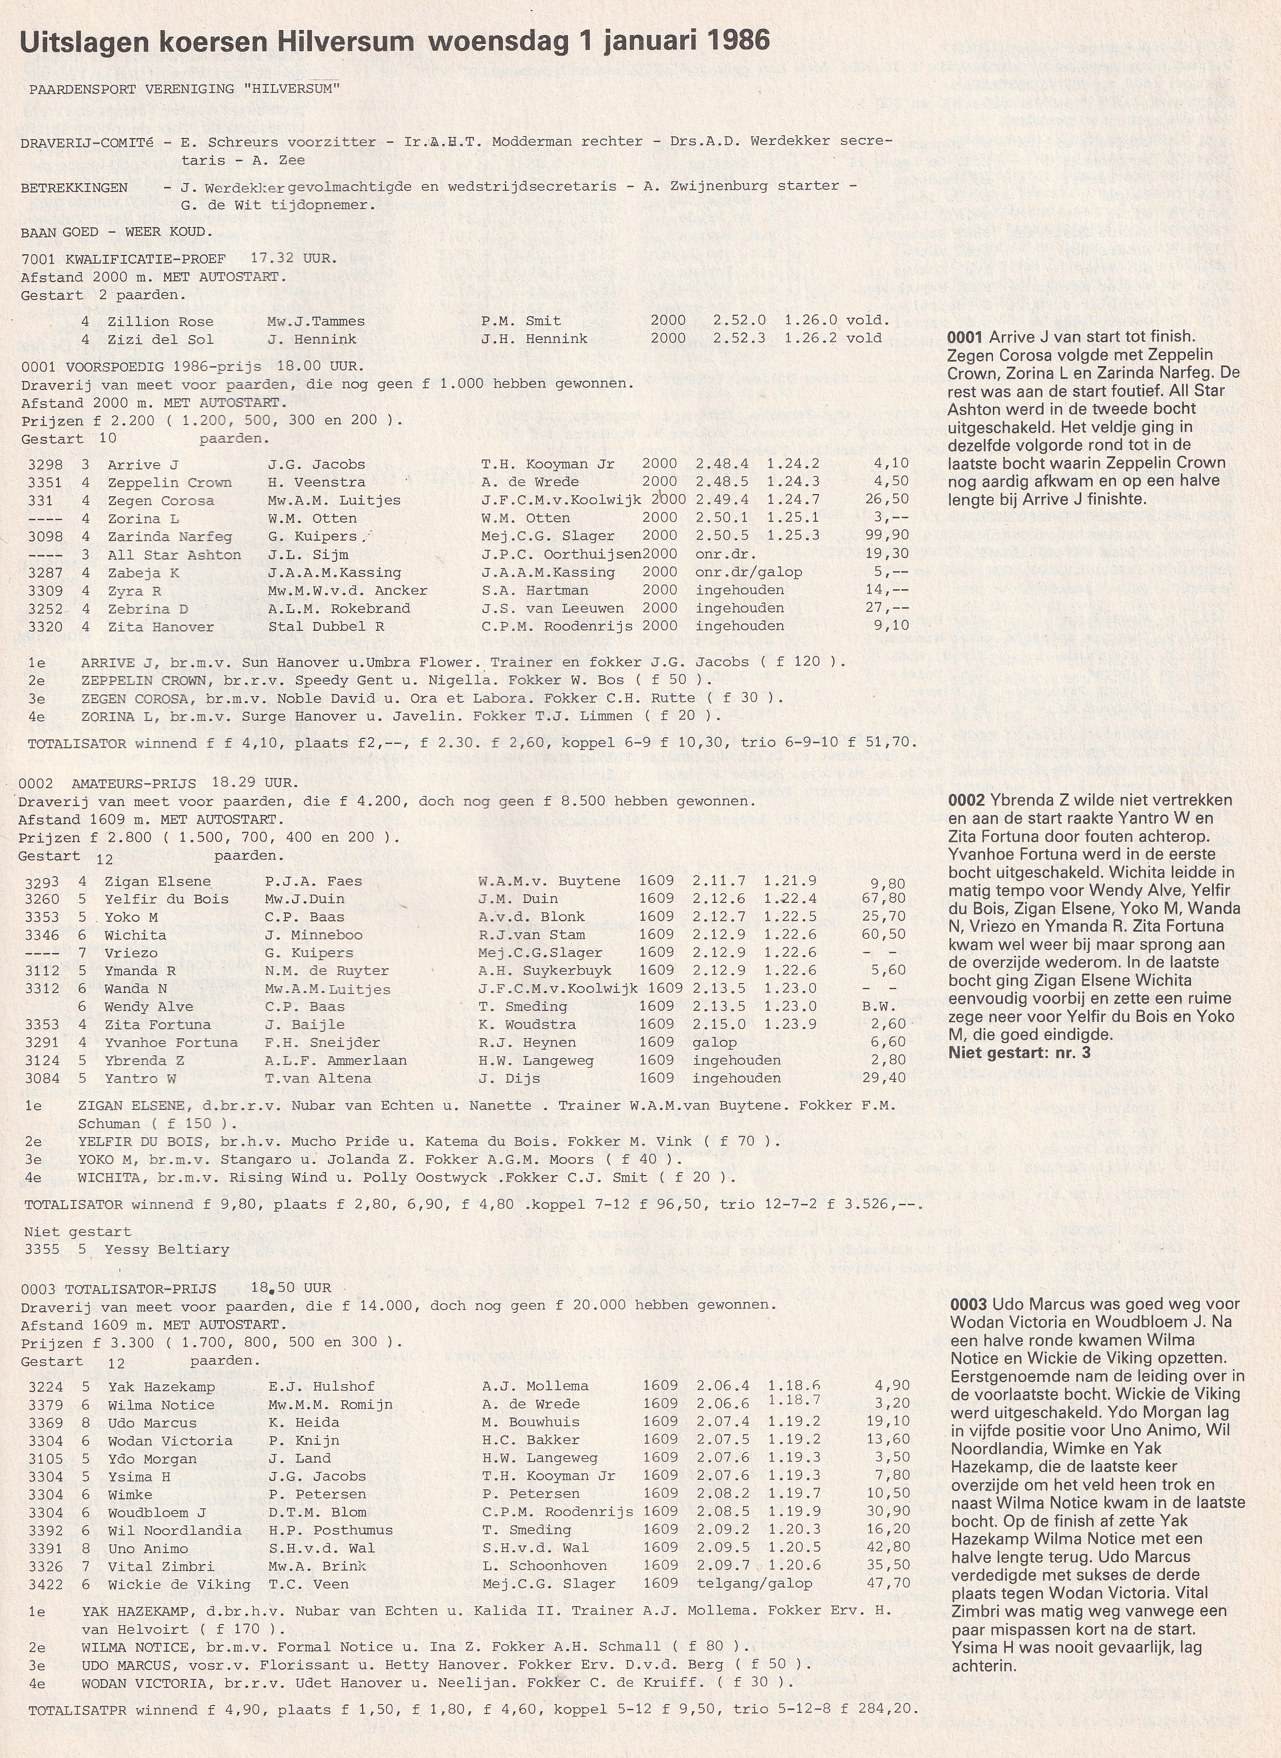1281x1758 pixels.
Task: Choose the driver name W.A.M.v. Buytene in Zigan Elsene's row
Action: tap(549, 881)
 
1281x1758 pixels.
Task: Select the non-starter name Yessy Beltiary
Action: tap(167, 1250)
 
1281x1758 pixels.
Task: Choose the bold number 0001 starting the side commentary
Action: tap(964, 337)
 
